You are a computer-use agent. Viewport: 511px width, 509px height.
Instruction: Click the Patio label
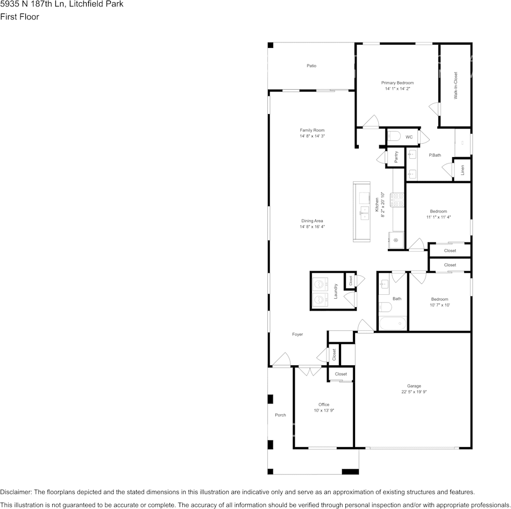click(311, 66)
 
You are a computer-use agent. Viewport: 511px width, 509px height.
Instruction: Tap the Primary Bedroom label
click(398, 83)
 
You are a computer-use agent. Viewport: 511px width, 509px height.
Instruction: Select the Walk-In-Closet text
click(456, 86)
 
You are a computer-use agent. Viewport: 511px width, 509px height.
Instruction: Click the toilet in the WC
click(393, 136)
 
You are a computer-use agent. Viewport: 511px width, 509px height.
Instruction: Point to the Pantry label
click(396, 157)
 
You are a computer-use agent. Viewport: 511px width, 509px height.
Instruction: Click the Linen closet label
click(462, 170)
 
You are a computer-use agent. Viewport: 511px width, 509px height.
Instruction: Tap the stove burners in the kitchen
click(398, 200)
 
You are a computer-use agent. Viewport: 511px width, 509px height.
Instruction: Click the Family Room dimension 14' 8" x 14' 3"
click(312, 136)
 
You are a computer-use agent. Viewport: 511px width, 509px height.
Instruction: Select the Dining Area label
click(312, 221)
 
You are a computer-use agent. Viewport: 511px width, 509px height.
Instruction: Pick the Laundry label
click(336, 291)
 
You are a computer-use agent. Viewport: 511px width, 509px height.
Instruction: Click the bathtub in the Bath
click(393, 323)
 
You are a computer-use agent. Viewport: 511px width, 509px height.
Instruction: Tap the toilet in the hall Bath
click(385, 307)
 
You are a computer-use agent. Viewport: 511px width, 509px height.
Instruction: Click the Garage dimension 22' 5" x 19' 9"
click(414, 392)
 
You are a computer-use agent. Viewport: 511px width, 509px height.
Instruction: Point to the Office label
click(324, 405)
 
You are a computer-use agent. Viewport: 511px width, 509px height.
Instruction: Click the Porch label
click(280, 415)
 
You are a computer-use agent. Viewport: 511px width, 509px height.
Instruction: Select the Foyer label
click(297, 334)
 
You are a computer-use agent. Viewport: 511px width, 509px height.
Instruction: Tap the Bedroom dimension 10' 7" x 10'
click(439, 305)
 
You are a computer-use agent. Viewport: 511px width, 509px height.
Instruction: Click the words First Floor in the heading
click(19, 17)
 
